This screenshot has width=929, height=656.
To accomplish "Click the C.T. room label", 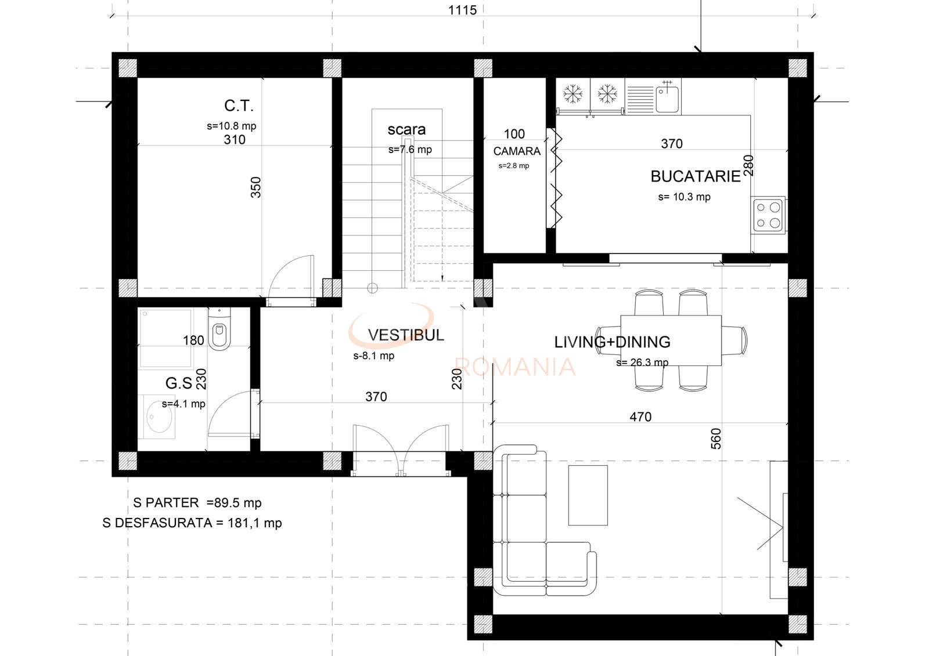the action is (239, 106).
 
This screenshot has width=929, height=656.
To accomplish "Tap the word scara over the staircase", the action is (406, 130).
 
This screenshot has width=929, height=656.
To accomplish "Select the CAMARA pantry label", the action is (517, 151).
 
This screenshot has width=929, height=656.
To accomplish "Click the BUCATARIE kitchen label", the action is (695, 176).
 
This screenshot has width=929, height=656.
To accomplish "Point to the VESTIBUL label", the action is (406, 335).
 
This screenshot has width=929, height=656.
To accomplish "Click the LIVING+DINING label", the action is (612, 342).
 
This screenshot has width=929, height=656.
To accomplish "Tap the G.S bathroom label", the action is (179, 383).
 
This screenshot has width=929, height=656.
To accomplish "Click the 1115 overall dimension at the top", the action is (462, 10).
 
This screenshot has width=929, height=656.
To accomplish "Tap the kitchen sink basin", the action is (667, 99).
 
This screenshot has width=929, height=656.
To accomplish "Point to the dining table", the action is (671, 340).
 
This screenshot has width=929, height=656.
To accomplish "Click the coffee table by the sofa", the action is (588, 495).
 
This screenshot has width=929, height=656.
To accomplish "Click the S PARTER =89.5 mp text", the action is (197, 503).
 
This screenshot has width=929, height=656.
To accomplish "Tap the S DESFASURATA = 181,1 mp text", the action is (192, 523).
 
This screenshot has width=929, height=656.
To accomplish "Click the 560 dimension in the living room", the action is (716, 439).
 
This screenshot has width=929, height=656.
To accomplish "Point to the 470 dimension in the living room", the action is (640, 417).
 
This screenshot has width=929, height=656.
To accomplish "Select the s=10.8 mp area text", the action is (232, 126).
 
